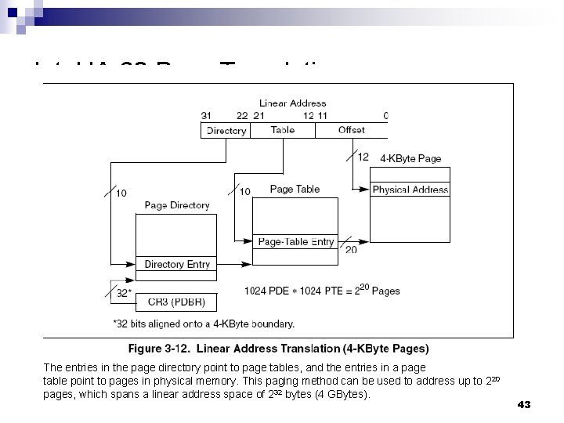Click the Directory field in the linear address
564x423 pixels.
pyautogui.click(x=226, y=131)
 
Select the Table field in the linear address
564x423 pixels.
pyautogui.click(x=282, y=131)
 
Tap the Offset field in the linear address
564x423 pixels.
pyautogui.click(x=351, y=131)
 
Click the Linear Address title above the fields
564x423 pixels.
pyautogui.click(x=292, y=103)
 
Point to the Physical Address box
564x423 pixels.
pyautogui.click(x=410, y=190)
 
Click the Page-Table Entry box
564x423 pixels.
pyautogui.click(x=295, y=242)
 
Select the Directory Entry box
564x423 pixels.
pyautogui.click(x=177, y=265)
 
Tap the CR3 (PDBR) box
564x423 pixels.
pyautogui.click(x=176, y=300)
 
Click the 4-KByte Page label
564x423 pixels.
pyautogui.click(x=410, y=159)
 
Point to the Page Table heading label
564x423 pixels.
pyautogui.click(x=295, y=190)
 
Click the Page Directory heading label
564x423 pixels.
pyautogui.click(x=177, y=205)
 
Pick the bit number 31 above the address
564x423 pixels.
pyautogui.click(x=206, y=116)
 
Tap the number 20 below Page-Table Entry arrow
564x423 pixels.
pyautogui.click(x=351, y=250)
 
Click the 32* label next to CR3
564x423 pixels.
pyautogui.click(x=124, y=293)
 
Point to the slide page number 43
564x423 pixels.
pyautogui.click(x=524, y=404)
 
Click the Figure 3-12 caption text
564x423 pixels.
pyautogui.click(x=278, y=349)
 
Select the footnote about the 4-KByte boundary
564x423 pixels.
pyautogui.click(x=204, y=323)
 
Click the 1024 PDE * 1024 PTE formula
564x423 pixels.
pyautogui.click(x=321, y=291)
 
